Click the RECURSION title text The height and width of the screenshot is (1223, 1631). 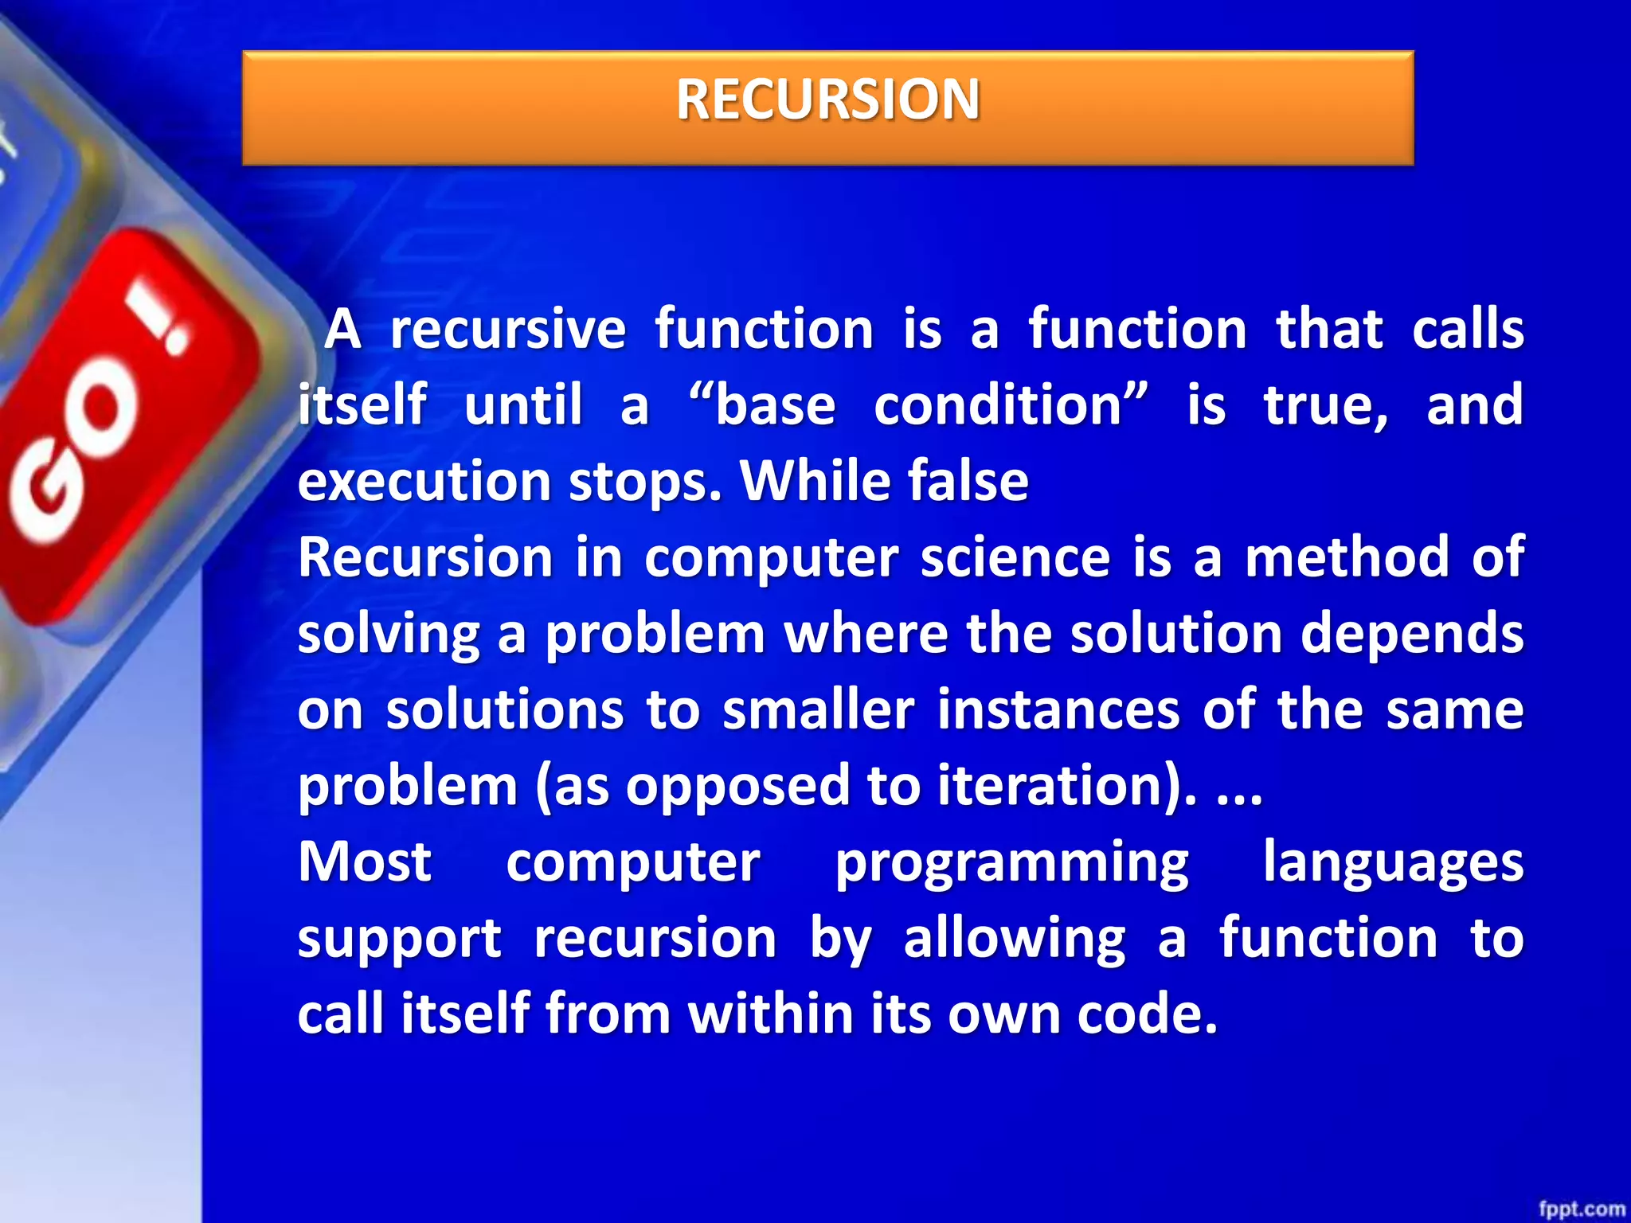point(827,100)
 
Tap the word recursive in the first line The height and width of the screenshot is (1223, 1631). point(507,329)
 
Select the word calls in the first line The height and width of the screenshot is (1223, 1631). point(1468,329)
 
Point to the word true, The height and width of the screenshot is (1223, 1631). point(1326,406)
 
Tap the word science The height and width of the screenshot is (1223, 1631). point(1015,557)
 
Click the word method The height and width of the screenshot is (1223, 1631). point(1347,557)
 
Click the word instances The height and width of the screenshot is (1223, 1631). point(1058,709)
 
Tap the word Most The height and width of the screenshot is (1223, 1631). point(365,862)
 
